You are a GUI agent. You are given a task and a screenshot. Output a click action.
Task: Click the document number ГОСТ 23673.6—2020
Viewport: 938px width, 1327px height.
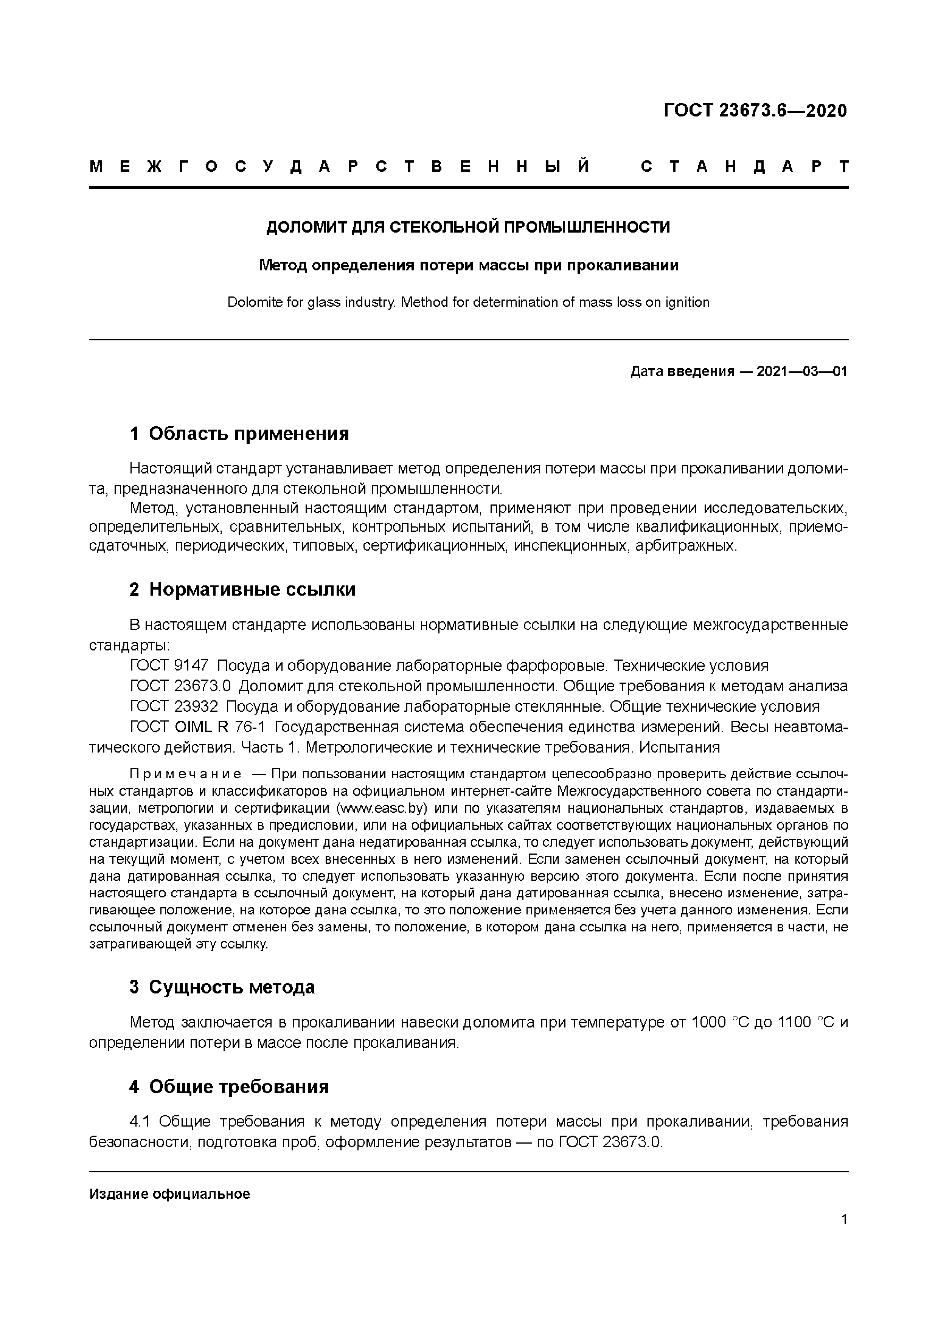tap(755, 110)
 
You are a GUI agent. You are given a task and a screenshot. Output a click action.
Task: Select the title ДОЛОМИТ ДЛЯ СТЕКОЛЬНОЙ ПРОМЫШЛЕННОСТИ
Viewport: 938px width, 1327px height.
tap(468, 227)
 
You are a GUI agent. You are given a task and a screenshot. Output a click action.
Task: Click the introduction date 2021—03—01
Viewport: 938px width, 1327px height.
tap(801, 372)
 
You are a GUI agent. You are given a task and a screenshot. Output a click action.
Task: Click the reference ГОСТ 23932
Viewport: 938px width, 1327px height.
tap(174, 706)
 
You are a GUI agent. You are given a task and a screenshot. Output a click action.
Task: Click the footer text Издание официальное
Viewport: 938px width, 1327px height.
tap(169, 1195)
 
